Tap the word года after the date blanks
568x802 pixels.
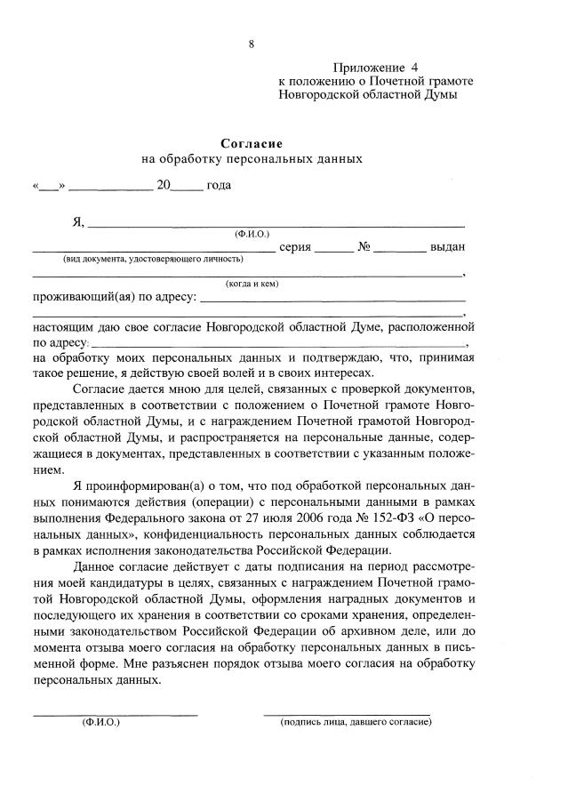point(219,185)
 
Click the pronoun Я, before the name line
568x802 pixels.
point(77,221)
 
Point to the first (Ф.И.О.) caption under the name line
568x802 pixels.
point(252,234)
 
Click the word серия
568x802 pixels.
point(294,246)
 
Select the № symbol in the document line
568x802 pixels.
point(364,246)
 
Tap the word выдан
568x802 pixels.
point(447,246)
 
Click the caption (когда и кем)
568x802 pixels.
point(252,284)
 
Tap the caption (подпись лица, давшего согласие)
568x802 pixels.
point(355,722)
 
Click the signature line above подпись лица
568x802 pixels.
point(347,713)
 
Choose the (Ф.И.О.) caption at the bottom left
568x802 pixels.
point(100,722)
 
